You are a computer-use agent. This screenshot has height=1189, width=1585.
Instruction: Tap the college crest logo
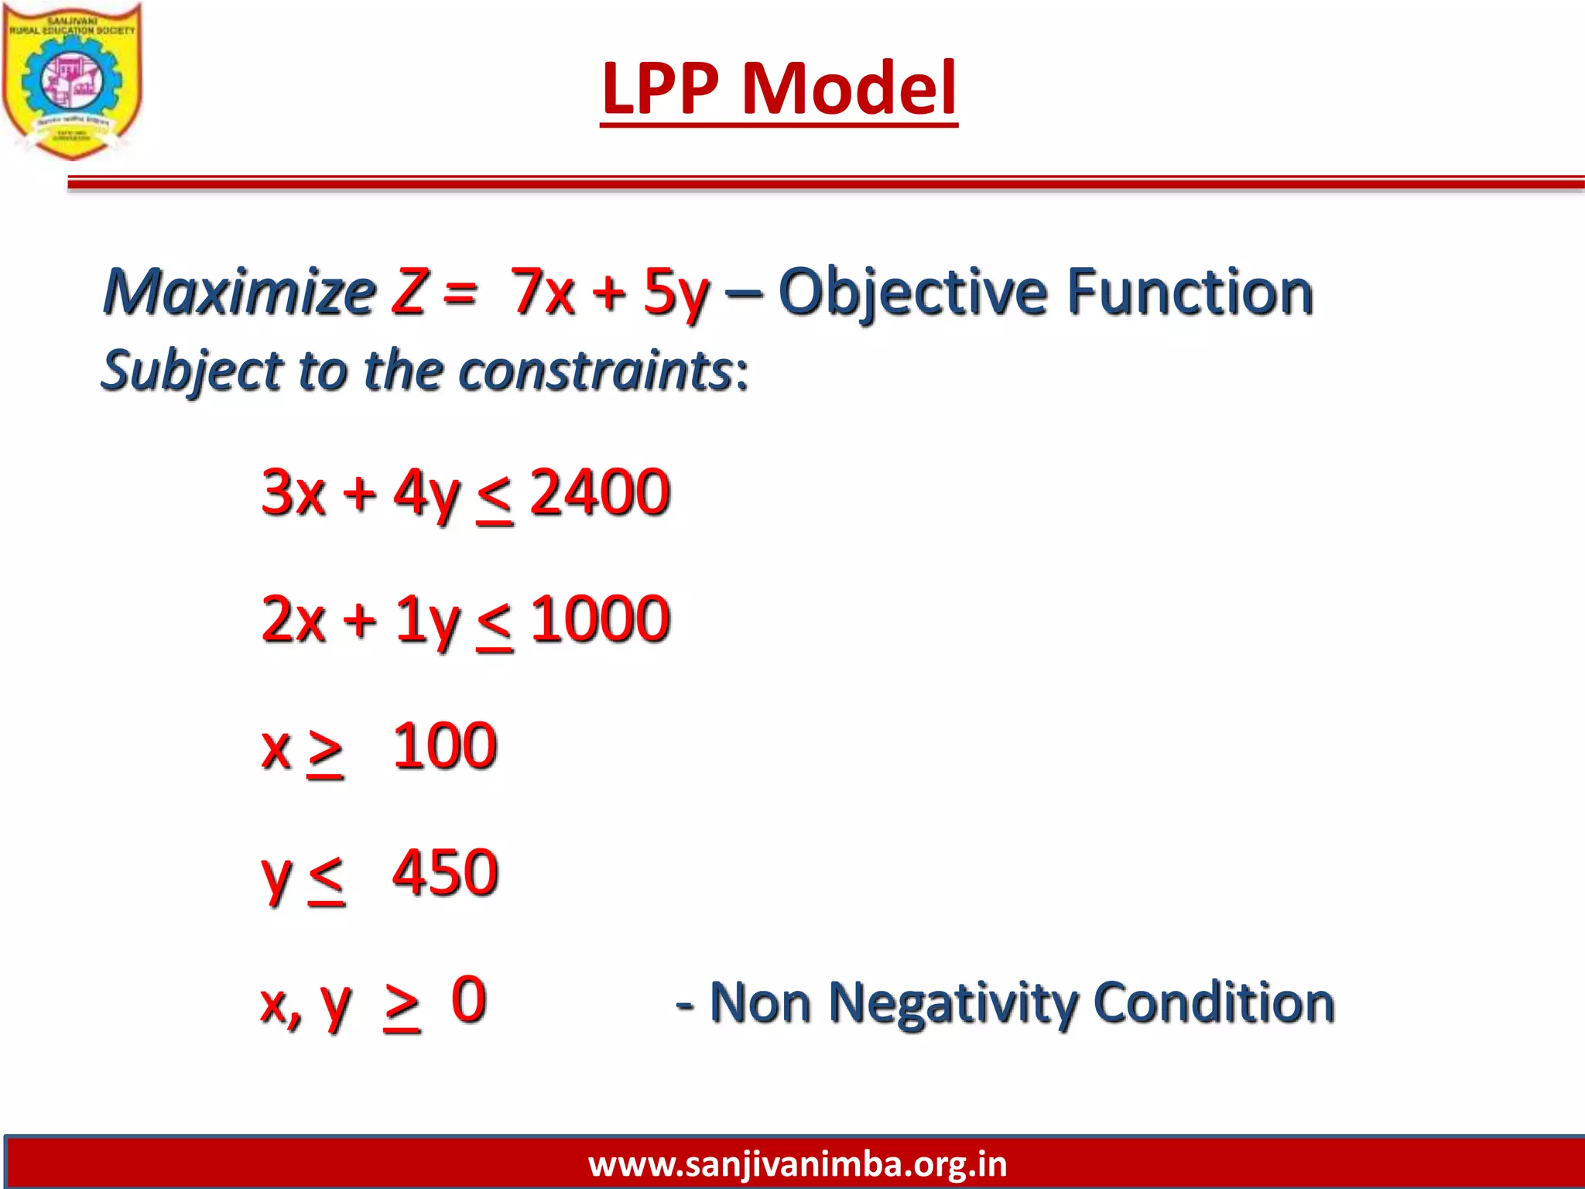tap(72, 81)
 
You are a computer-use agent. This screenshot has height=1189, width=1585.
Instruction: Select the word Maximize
tap(239, 292)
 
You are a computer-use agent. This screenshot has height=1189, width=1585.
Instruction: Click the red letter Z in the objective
tap(409, 292)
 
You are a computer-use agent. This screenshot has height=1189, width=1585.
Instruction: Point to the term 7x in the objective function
tap(542, 292)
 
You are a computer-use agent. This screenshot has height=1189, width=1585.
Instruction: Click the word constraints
tap(596, 370)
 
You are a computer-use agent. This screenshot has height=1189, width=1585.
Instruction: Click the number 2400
tap(599, 492)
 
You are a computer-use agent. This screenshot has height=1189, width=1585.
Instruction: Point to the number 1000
tap(600, 619)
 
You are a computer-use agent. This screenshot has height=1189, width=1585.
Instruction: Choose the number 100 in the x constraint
tap(444, 746)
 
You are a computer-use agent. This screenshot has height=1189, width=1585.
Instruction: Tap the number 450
tap(445, 873)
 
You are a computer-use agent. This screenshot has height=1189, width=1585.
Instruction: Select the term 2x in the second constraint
tap(293, 619)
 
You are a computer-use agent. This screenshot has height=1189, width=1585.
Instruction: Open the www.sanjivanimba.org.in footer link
tap(797, 1164)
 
